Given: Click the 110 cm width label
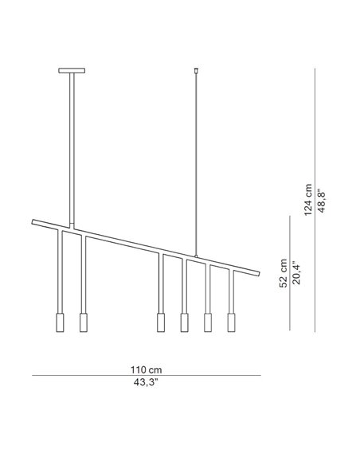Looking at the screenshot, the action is click(147, 369).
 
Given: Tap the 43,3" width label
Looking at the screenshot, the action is click(146, 382).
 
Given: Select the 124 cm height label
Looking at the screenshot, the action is click(308, 200).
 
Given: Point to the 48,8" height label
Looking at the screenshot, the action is click(322, 201).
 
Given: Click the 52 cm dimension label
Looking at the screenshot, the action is click(284, 273).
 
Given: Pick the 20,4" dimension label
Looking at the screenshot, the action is click(296, 272).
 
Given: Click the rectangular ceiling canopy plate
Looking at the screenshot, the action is click(72, 71).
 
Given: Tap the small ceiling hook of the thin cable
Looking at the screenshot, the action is click(196, 71).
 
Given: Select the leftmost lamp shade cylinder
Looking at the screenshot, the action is click(60, 322).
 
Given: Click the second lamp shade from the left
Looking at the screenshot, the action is click(84, 322).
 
